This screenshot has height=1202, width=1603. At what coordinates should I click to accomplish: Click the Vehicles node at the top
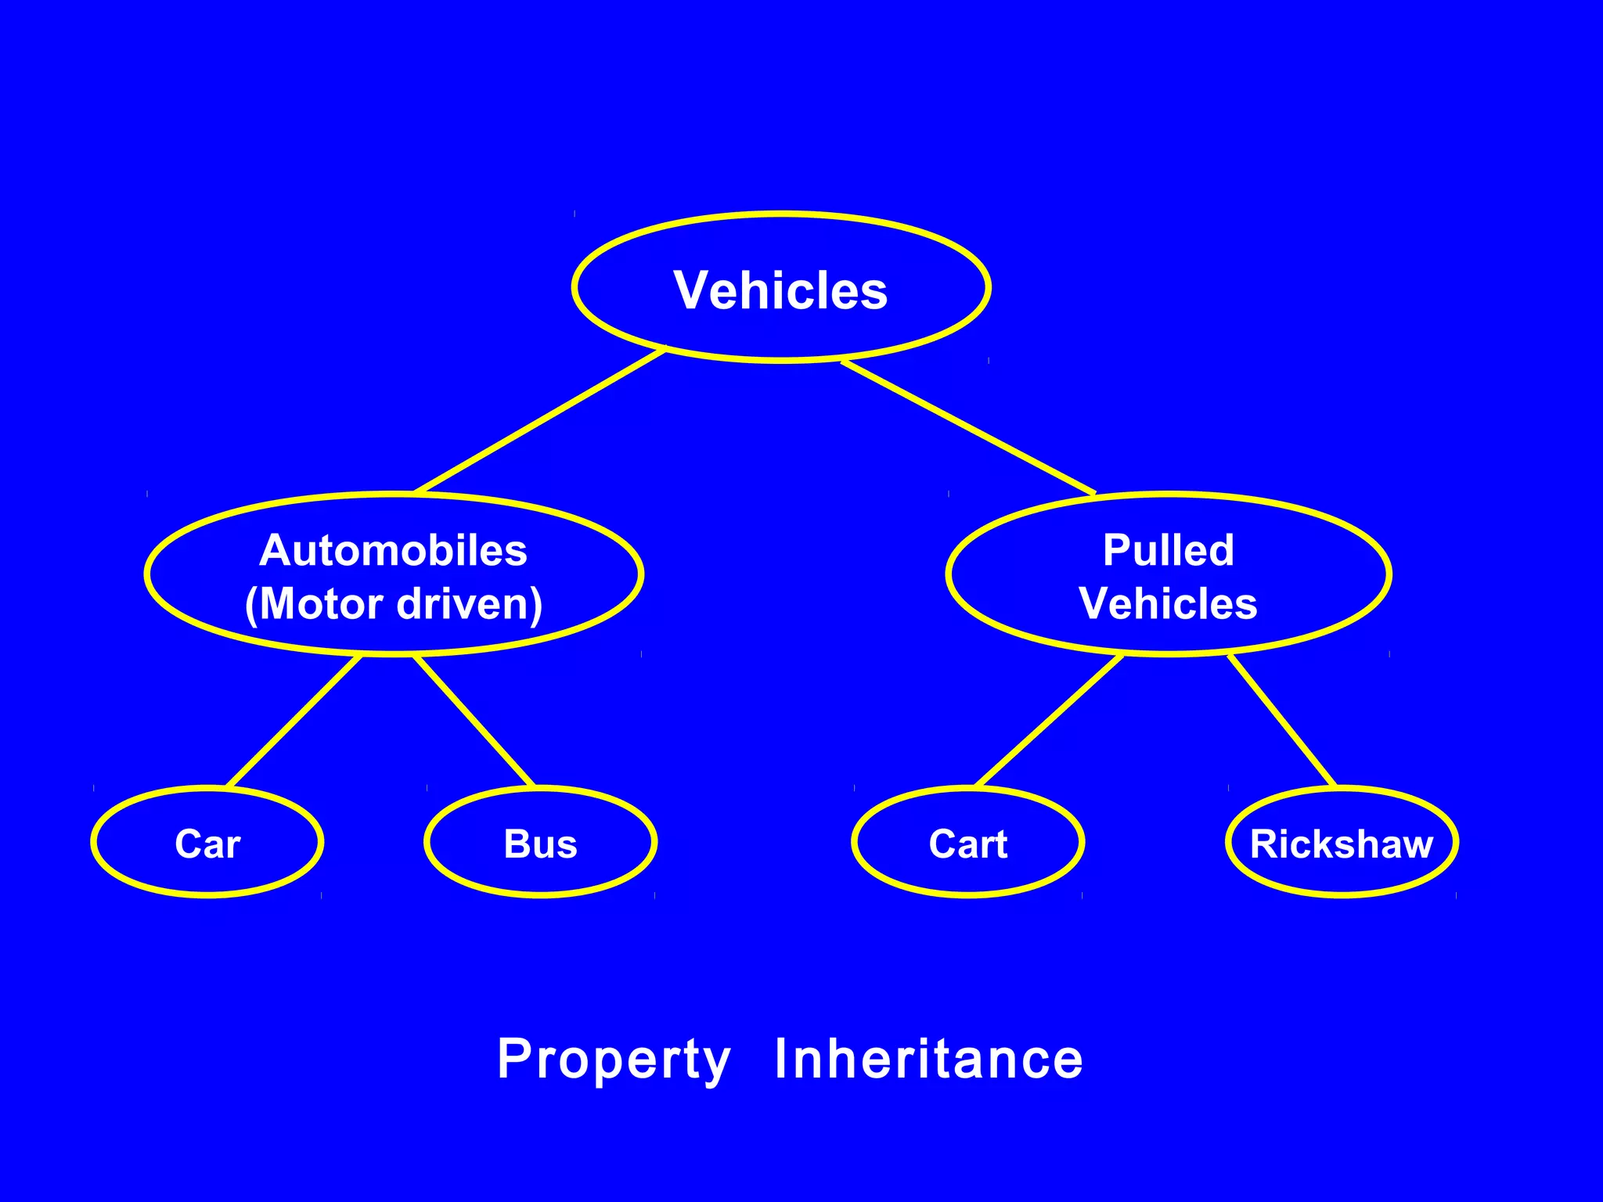pyautogui.click(x=781, y=288)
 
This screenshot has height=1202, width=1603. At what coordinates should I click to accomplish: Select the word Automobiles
pyautogui.click(x=393, y=550)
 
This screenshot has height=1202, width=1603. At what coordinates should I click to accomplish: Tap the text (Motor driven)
pyautogui.click(x=393, y=604)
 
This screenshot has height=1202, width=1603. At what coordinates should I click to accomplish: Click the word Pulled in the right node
pyautogui.click(x=1168, y=550)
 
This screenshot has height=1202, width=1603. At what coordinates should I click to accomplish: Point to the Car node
pyautogui.click(x=207, y=843)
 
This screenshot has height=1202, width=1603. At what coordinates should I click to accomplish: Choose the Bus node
pyautogui.click(x=540, y=843)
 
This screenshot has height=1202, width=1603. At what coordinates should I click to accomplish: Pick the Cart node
pyautogui.click(x=968, y=843)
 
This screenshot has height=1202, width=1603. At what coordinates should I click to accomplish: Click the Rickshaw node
pyautogui.click(x=1342, y=843)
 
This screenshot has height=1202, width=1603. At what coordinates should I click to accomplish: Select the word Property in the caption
pyautogui.click(x=614, y=1060)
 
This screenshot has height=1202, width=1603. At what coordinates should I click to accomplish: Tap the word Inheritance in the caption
pyautogui.click(x=928, y=1058)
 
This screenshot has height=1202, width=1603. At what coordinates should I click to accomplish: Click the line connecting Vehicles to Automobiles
pyautogui.click(x=540, y=421)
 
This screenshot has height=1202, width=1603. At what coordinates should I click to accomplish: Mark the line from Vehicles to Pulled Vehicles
pyautogui.click(x=968, y=427)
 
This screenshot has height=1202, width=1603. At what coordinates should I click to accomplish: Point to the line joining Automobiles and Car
pyautogui.click(x=294, y=721)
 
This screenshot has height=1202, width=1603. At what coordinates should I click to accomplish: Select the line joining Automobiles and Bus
pyautogui.click(x=474, y=721)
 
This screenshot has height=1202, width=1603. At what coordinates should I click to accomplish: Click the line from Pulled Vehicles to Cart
pyautogui.click(x=1050, y=721)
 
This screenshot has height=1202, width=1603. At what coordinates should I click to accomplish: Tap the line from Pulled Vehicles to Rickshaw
pyautogui.click(x=1282, y=721)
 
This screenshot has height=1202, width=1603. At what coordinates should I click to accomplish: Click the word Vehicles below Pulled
pyautogui.click(x=1168, y=604)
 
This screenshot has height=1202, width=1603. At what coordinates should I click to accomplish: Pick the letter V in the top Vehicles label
pyautogui.click(x=691, y=290)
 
